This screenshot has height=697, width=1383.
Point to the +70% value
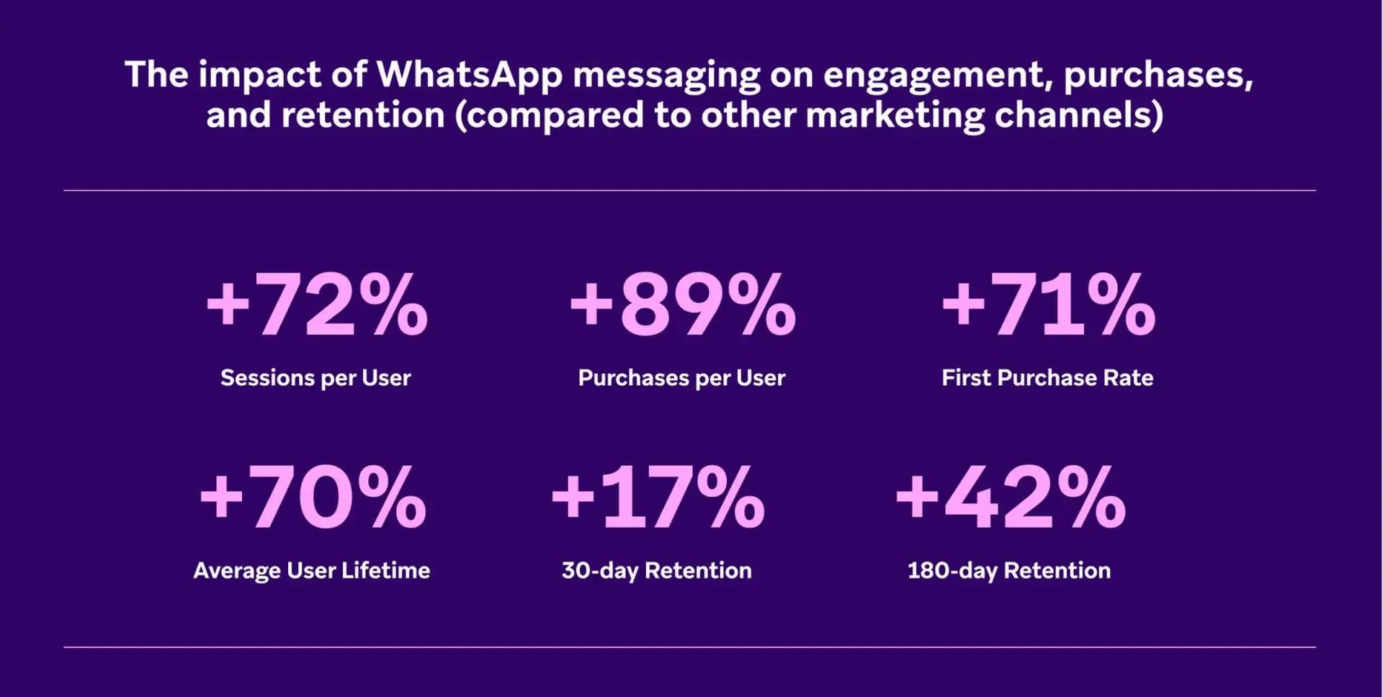point(313,498)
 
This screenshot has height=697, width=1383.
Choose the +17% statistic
point(658,498)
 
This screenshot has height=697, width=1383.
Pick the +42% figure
point(1010,498)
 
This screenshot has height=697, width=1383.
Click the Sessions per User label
point(315,378)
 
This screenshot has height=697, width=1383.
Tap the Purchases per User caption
point(681,378)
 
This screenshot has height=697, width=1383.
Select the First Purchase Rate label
point(1047,378)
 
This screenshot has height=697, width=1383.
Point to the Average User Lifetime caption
point(311,571)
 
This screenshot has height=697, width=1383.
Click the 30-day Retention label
point(656,571)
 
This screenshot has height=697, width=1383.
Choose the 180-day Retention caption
point(1008,571)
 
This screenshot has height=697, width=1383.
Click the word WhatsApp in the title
point(469,75)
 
